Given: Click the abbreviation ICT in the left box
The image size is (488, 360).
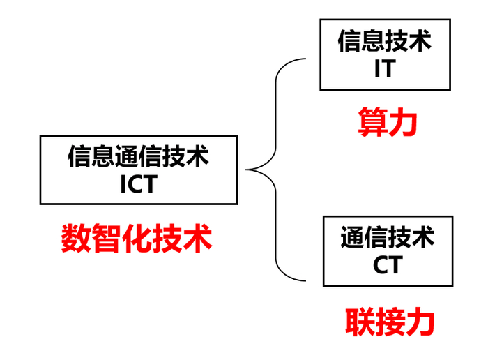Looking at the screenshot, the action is click(139, 184).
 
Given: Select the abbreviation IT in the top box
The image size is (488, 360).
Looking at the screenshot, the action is click(385, 68).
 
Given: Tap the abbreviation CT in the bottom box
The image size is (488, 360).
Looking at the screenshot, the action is click(388, 265).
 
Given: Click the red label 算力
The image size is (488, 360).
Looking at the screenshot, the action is click(388, 122).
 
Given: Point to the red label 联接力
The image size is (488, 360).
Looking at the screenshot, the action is click(390, 322).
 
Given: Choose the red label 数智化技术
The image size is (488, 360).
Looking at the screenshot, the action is click(137, 238).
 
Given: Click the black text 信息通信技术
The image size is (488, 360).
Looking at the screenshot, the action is click(138, 157).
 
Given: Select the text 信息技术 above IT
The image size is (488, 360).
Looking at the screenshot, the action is click(385, 40).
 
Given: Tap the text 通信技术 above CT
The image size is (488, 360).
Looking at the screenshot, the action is click(388, 237).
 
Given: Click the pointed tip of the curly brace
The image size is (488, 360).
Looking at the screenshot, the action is click(246, 170).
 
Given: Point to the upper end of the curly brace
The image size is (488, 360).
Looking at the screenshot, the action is click(305, 59).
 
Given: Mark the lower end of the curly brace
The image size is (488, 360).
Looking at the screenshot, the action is click(305, 280).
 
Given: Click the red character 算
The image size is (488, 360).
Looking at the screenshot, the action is click(372, 122).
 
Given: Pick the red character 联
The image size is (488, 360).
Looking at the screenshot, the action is click(360, 322).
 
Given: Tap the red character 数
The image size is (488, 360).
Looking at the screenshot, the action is click(76, 238).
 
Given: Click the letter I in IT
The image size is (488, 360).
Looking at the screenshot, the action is click(377, 68).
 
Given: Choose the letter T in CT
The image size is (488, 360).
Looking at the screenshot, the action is click(395, 265).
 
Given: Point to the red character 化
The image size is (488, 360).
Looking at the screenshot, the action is click(137, 238).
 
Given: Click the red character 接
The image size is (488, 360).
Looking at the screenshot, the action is click(390, 322).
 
